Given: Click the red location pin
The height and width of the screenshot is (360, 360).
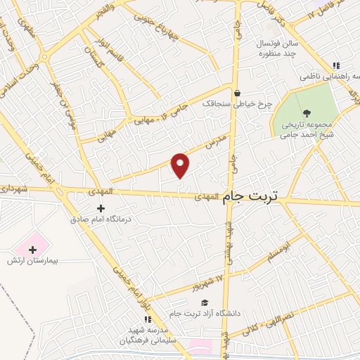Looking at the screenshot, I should coord(181,165).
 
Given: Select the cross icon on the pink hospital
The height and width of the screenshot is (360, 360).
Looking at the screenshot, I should coord(32,248).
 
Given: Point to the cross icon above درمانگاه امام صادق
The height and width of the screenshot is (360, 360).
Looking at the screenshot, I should coord(101,208).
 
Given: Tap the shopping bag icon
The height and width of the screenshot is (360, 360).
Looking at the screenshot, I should coord(237,92).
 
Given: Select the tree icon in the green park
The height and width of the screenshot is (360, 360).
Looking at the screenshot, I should coord(306,112).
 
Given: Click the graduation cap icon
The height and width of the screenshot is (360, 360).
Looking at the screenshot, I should coord(205,303).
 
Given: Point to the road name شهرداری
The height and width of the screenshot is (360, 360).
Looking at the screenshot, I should coord(13,188).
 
